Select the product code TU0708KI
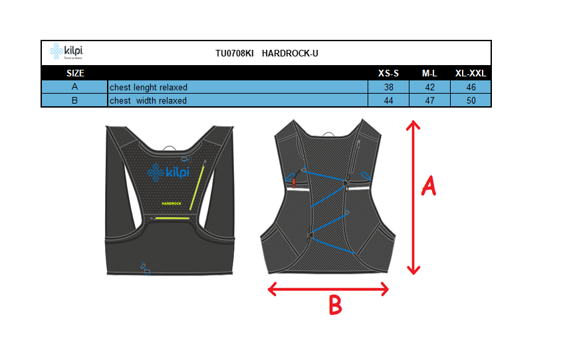(x=235, y=53)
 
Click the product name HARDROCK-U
(x=290, y=53)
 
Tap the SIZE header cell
(x=75, y=73)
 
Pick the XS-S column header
(x=388, y=73)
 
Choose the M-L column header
(x=429, y=73)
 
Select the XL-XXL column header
(x=471, y=73)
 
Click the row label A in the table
(x=75, y=87)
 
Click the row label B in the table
(x=75, y=100)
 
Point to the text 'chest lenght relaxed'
(x=149, y=87)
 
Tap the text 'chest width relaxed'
(x=148, y=100)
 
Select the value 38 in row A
(x=388, y=87)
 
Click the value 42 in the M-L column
(x=429, y=87)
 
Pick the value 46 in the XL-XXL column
(x=471, y=87)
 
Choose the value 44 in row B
(x=388, y=100)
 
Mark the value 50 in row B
(x=471, y=100)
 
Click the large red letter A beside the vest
(x=429, y=186)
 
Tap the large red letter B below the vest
(x=335, y=305)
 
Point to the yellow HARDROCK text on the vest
(x=172, y=203)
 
